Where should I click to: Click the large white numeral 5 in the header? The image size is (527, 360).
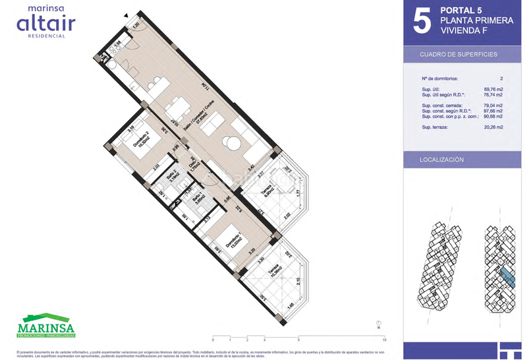pyautogui.click(x=421, y=22)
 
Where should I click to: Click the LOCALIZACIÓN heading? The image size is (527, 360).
pyautogui.click(x=442, y=160)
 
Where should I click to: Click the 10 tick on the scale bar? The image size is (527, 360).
pyautogui.click(x=383, y=340)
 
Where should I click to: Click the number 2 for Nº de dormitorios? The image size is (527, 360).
pyautogui.click(x=500, y=78)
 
